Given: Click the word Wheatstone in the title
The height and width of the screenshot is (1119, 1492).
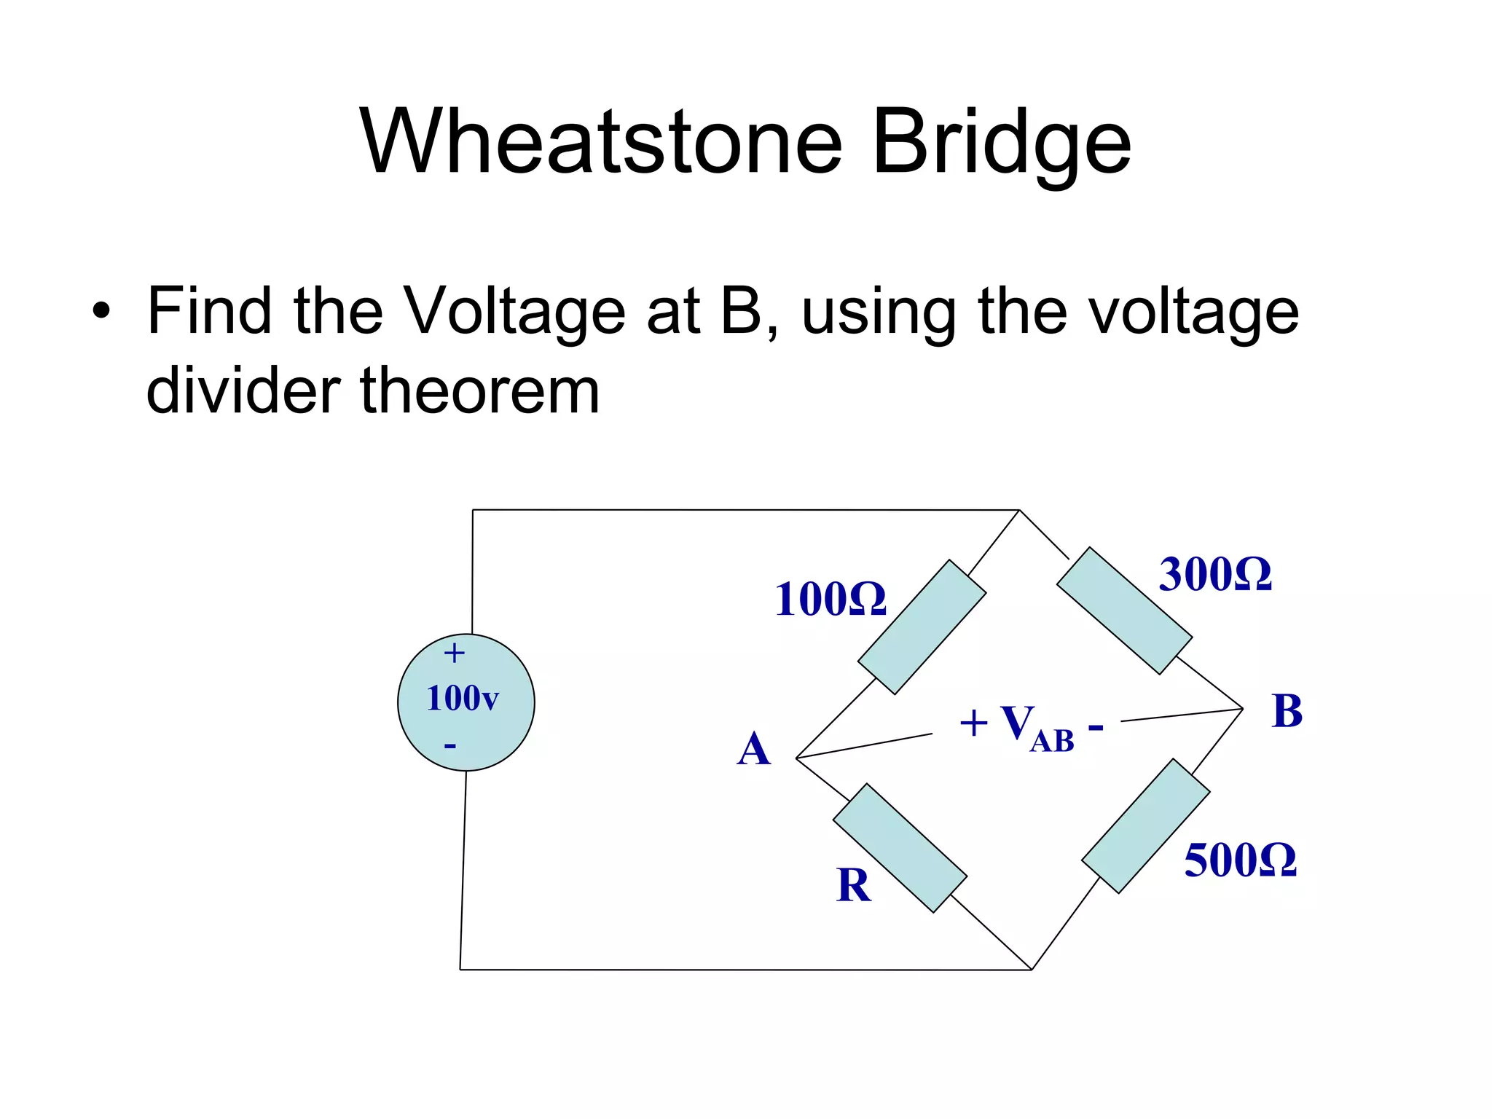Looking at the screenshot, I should [602, 142].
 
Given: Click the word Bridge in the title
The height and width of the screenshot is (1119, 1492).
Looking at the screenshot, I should [1001, 142].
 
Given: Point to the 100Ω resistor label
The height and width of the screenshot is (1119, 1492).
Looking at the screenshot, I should [831, 600].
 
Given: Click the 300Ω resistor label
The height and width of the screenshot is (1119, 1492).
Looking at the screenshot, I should [1215, 575].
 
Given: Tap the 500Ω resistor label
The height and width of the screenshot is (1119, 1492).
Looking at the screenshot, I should [1240, 860].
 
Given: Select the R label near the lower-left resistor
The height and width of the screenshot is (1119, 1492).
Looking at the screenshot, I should [853, 886].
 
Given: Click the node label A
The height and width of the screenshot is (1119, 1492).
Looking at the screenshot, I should [753, 750].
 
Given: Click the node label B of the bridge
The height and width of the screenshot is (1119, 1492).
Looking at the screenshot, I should [1287, 711].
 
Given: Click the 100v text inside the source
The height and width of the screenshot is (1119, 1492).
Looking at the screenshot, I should [462, 699].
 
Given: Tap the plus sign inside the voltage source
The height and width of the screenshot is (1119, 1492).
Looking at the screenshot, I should [454, 653].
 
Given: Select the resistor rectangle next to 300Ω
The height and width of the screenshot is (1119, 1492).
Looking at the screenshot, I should [1124, 610].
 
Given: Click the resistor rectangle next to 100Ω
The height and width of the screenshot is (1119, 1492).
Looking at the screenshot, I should [922, 627].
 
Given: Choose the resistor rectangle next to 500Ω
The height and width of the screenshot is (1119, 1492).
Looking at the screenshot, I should [1145, 825].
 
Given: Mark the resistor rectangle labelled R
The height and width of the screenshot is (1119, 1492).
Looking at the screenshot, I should [900, 848].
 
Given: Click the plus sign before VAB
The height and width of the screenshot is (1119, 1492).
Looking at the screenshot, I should [973, 724].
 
